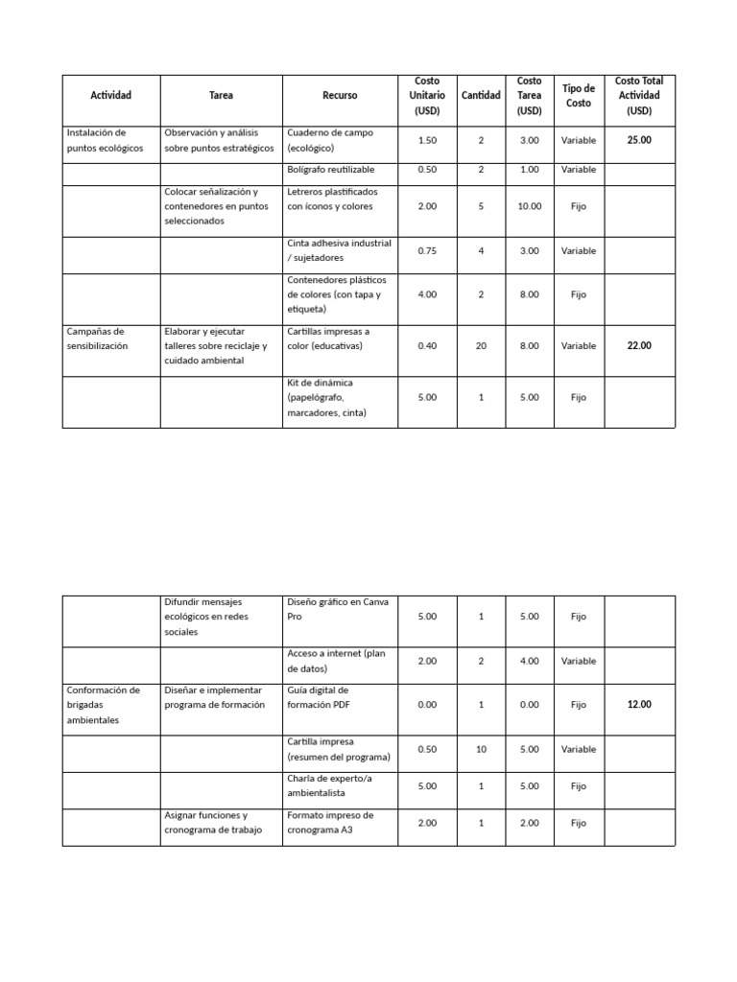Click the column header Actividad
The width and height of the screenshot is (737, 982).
(110, 96)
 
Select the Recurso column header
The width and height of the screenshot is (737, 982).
(340, 96)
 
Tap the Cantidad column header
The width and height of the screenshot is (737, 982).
(481, 96)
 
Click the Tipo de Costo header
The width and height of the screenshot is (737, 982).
(579, 96)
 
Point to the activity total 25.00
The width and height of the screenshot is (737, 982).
(639, 140)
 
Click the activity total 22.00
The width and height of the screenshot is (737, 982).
(639, 345)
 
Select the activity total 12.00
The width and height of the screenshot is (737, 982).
(639, 705)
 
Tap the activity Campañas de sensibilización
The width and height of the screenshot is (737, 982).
(97, 339)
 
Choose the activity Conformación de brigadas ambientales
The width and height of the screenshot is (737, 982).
(104, 705)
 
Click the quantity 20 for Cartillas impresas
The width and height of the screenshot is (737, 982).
(481, 346)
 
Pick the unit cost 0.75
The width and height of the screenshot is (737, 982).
(427, 251)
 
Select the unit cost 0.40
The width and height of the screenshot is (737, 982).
(427, 346)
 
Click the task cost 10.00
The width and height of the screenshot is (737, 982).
(529, 206)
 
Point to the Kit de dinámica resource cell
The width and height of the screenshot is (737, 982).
(327, 398)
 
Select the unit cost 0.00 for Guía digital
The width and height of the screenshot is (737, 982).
(427, 705)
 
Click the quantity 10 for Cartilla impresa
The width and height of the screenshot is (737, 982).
(481, 750)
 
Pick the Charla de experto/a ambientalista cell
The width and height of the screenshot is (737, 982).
(329, 785)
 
